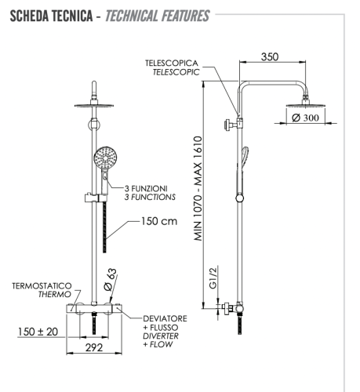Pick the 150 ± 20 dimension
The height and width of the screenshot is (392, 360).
tap(38, 332)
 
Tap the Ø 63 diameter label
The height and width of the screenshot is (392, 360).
tap(112, 281)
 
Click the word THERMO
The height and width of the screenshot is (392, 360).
tap(46, 296)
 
